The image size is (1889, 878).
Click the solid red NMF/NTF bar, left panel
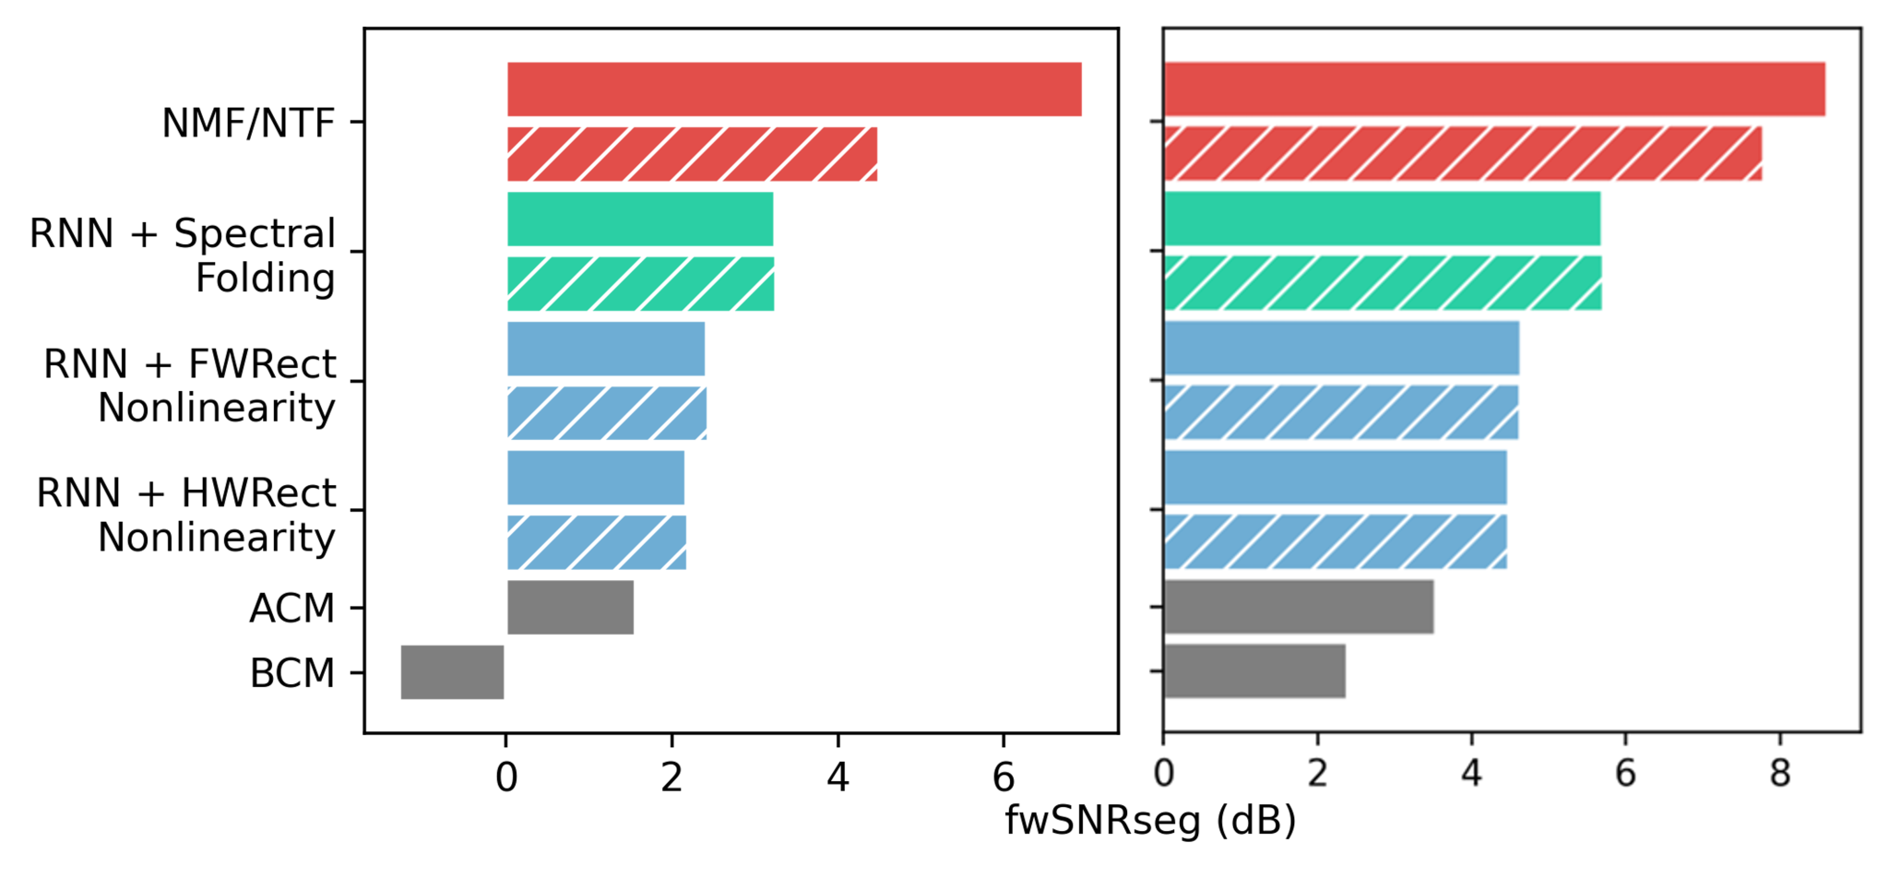click(794, 89)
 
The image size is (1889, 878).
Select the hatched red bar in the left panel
click(692, 154)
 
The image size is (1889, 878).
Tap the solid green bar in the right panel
click(1382, 219)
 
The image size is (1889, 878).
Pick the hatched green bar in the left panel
click(640, 283)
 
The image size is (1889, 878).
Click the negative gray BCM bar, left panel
click(453, 672)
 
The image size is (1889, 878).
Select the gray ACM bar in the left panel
click(570, 607)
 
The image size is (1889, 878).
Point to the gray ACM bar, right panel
click(1299, 607)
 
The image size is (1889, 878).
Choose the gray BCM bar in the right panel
click(1254, 671)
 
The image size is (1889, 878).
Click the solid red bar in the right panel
click(1494, 89)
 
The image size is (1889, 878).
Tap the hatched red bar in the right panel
click(1462, 154)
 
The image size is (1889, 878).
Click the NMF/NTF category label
click(248, 123)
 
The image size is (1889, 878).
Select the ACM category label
click(291, 609)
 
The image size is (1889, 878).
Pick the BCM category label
click(291, 673)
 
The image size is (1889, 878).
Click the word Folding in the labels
click(265, 278)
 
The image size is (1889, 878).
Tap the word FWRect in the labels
click(262, 364)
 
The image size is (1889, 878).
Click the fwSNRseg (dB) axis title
click(1150, 820)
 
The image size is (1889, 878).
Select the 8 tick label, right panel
click(1779, 774)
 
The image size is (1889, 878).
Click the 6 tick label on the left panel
click(1004, 778)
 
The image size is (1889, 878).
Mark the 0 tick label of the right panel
click(1164, 774)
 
